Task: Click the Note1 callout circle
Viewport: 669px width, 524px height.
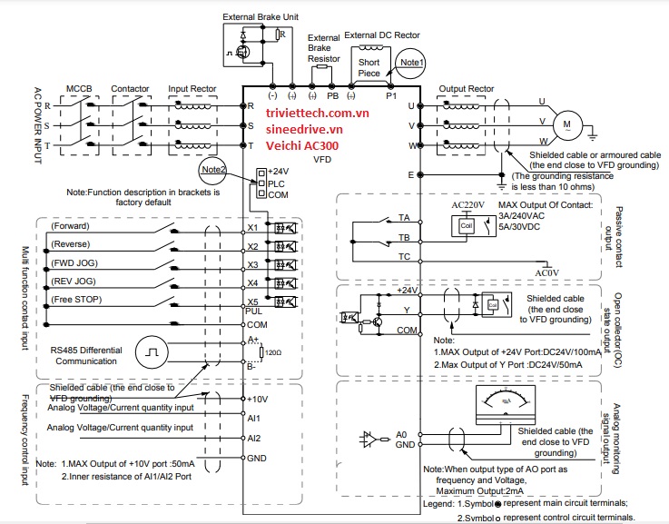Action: (x=412, y=62)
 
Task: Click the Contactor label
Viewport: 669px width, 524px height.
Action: (x=129, y=89)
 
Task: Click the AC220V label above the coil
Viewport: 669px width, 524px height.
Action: (x=469, y=206)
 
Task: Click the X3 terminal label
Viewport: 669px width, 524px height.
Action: (x=253, y=266)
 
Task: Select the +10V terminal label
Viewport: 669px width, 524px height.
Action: (x=257, y=399)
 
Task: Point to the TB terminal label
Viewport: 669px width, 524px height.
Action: (x=404, y=237)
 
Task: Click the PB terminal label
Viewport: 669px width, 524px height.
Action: (x=332, y=94)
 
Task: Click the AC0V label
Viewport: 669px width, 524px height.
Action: (x=546, y=272)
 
